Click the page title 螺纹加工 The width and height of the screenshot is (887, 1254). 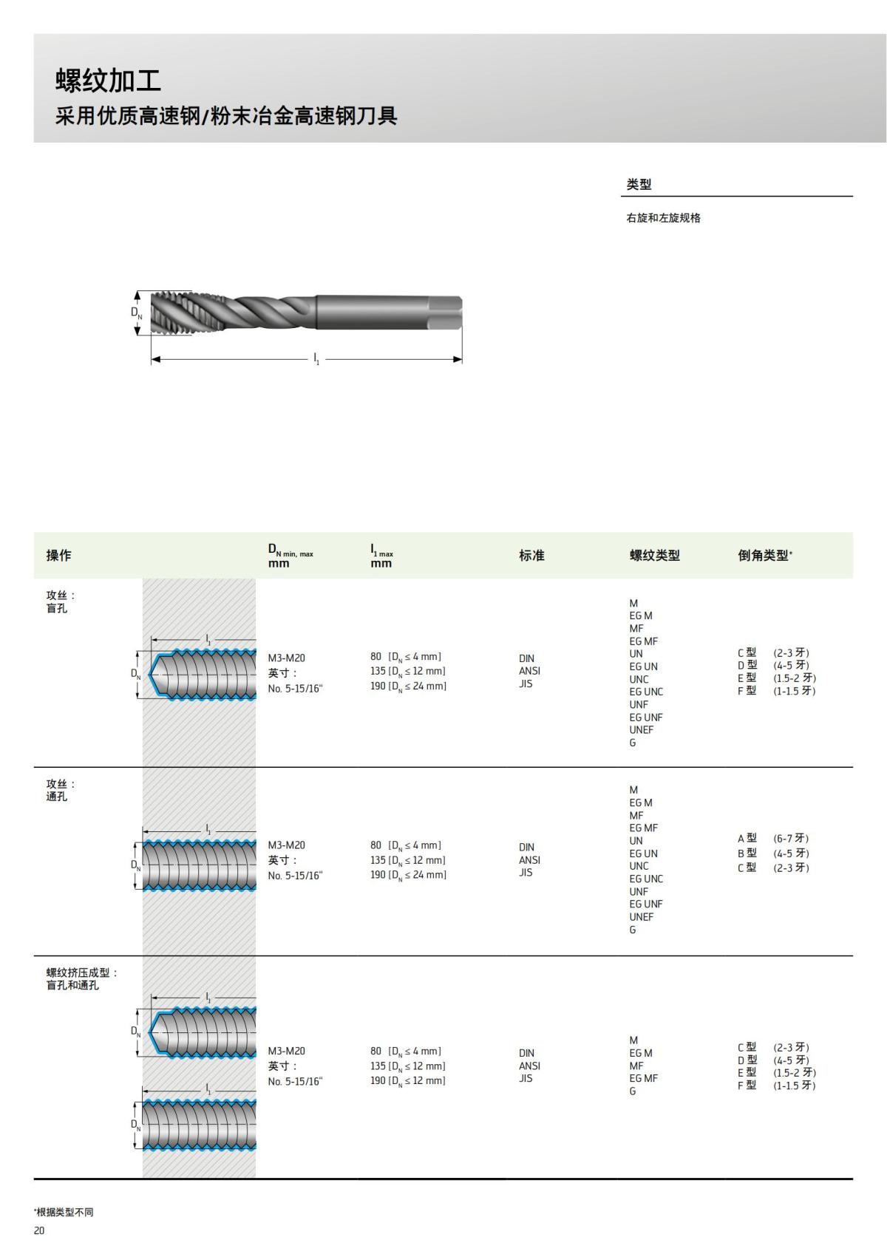click(x=108, y=81)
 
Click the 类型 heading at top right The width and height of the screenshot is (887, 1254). click(x=639, y=185)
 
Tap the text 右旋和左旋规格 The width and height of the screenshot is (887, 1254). click(x=663, y=218)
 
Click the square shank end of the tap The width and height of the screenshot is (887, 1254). click(x=446, y=313)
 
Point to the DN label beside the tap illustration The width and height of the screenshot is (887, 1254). click(x=137, y=313)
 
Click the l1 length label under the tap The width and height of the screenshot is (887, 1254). click(x=316, y=359)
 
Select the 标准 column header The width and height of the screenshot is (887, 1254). click(x=531, y=555)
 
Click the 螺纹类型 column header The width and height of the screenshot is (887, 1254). click(x=654, y=555)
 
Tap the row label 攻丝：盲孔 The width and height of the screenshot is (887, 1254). click(x=61, y=602)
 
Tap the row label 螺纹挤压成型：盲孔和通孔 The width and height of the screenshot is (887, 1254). click(x=81, y=979)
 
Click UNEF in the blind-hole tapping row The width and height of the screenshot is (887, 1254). click(x=642, y=730)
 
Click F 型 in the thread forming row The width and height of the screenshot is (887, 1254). click(x=747, y=1086)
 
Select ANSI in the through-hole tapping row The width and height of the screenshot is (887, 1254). click(x=529, y=860)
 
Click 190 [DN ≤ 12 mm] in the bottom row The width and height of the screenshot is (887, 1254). click(x=408, y=1081)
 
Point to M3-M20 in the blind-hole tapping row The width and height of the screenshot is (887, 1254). click(x=286, y=658)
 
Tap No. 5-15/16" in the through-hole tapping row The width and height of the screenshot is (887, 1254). click(x=295, y=876)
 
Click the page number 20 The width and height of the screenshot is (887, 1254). click(x=39, y=1230)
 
